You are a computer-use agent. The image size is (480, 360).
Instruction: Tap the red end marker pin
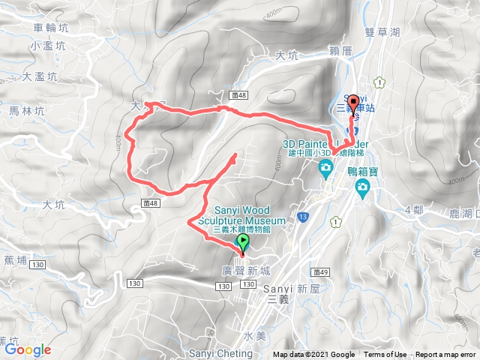coord(354,103)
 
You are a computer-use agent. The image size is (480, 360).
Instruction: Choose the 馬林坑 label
coord(28,110)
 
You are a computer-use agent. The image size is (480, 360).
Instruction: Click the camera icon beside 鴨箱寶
coord(362,185)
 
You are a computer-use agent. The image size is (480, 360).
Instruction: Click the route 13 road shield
coord(302,216)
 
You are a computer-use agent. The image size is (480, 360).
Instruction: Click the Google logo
coord(28,349)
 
